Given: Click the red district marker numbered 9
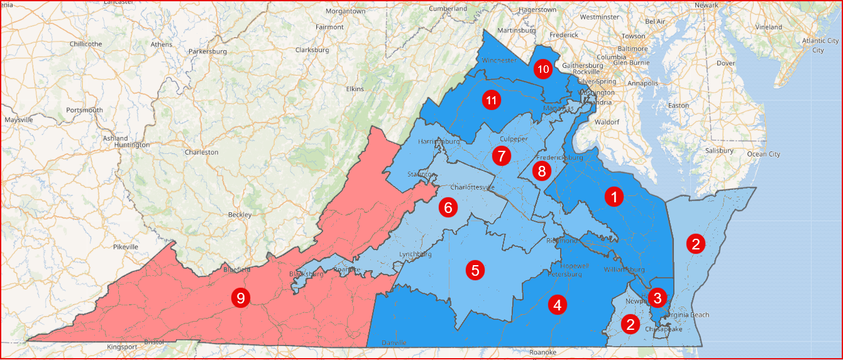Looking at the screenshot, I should [x=240, y=297].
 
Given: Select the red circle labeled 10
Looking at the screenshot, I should [x=543, y=69].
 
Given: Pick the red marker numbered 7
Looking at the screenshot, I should [x=500, y=155].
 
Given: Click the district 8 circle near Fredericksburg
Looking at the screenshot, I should [x=542, y=170].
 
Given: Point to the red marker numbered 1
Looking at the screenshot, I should [x=614, y=197].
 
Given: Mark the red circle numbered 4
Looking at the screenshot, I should [x=557, y=305].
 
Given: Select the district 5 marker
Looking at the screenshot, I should [x=475, y=270].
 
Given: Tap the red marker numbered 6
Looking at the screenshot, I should [x=448, y=207].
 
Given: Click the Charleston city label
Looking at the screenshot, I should [x=201, y=152].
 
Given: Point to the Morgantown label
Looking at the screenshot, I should [x=345, y=11].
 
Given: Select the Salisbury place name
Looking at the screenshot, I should [x=719, y=151].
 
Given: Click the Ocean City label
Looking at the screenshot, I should [x=763, y=154].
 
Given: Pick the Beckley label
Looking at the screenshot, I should [x=240, y=215].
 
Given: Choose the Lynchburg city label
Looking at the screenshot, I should [x=416, y=254].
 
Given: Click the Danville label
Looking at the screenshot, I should [x=394, y=342].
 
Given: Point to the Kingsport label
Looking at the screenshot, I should [x=122, y=347].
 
